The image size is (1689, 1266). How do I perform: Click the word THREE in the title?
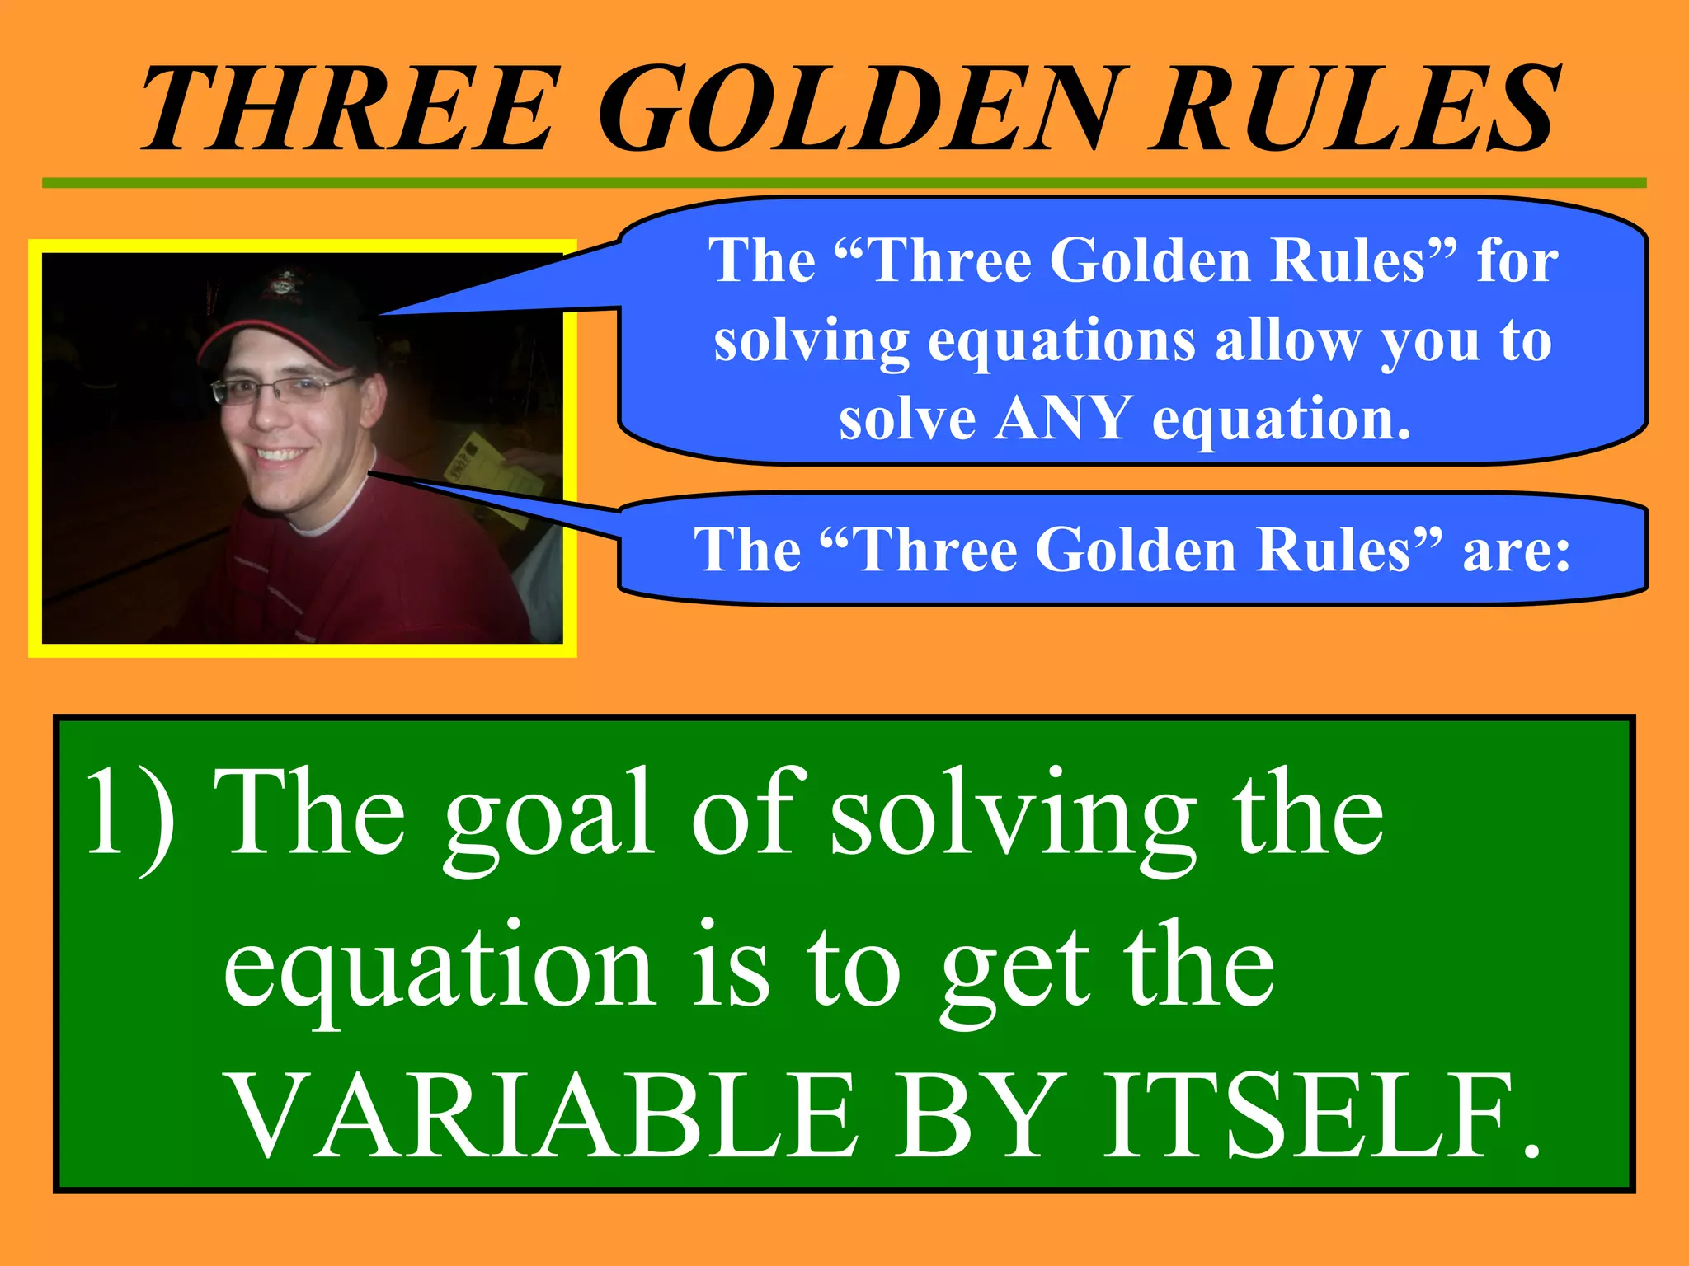(x=346, y=109)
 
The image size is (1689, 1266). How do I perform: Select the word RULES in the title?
(x=1353, y=109)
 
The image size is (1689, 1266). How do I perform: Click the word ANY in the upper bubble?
(x=1062, y=419)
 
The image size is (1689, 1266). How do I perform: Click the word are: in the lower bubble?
(x=1516, y=551)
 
